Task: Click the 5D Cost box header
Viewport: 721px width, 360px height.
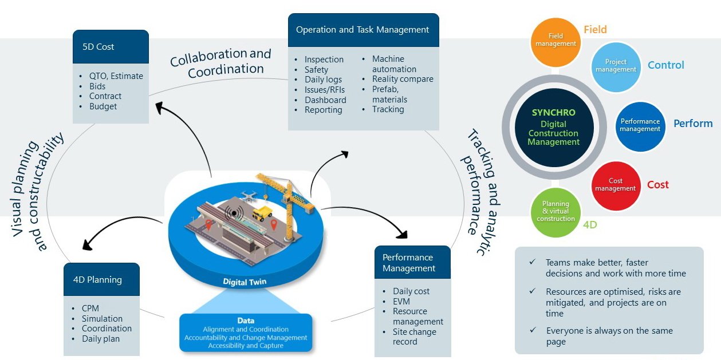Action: click(x=111, y=47)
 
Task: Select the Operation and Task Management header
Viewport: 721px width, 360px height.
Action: click(x=363, y=30)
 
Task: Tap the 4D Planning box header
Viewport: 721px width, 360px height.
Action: click(x=101, y=279)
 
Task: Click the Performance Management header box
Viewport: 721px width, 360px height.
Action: click(x=412, y=263)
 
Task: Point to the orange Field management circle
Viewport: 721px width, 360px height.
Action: click(x=554, y=41)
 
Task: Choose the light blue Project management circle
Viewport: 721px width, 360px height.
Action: click(x=616, y=66)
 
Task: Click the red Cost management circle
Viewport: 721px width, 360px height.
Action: click(x=616, y=185)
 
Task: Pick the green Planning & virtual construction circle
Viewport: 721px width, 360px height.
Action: click(x=555, y=211)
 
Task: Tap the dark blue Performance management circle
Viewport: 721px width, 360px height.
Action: click(x=640, y=125)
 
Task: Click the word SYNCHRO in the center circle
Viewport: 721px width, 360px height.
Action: click(x=554, y=113)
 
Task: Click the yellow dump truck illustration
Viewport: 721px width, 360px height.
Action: click(x=262, y=213)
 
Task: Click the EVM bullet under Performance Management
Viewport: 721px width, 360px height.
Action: click(x=401, y=301)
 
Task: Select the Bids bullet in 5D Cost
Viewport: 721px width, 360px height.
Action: click(x=98, y=86)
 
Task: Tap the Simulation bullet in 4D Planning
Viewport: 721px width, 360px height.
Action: click(x=102, y=318)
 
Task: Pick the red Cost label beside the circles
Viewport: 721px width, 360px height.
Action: click(x=658, y=185)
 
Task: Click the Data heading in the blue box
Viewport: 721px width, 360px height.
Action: click(x=246, y=321)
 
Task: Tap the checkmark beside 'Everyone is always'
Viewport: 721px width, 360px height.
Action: click(x=533, y=330)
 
